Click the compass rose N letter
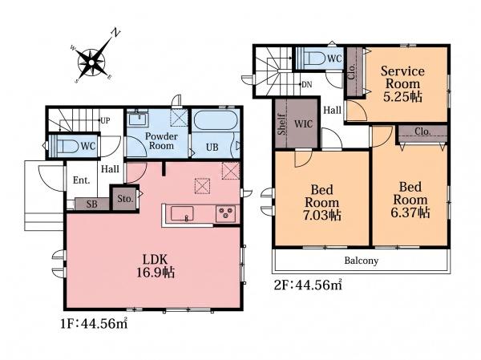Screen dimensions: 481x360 pos(115,33)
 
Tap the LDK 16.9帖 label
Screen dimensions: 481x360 pos(156,265)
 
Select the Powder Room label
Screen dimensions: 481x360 pos(161,141)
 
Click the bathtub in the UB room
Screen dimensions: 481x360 pos(216,121)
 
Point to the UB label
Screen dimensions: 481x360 pos(212,148)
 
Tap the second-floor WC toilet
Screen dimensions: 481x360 pos(314,58)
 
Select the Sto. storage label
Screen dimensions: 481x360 pos(125,199)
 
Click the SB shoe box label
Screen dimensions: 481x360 pos(91,204)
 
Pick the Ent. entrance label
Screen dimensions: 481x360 pos(81,180)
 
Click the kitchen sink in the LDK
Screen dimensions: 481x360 pos(182,213)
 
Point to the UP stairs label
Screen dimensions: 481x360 pos(105,120)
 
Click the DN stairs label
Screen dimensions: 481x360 pos(307,84)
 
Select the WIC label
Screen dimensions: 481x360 pos(303,124)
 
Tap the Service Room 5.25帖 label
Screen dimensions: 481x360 pos(402,83)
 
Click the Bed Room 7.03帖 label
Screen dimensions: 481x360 pos(321,203)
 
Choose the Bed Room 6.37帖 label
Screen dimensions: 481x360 pos(410,200)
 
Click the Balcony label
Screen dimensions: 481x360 pos(362,261)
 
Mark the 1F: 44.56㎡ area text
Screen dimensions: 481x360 pos(94,323)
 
